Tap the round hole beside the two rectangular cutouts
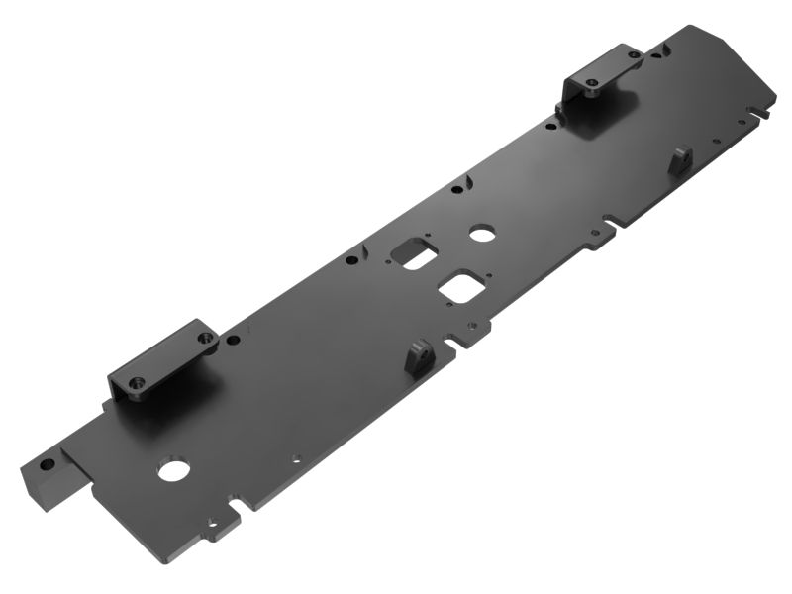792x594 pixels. pyautogui.click(x=482, y=234)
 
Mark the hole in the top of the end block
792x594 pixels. pyautogui.click(x=46, y=462)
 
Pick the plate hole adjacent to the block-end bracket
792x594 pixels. pyautogui.click(x=233, y=340)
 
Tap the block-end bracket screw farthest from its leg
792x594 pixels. pyautogui.click(x=205, y=338)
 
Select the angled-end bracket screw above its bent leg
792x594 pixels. pyautogui.click(x=591, y=91)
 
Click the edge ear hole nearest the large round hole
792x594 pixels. pyautogui.click(x=211, y=523)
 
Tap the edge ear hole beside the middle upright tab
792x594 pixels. pyautogui.click(x=472, y=326)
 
